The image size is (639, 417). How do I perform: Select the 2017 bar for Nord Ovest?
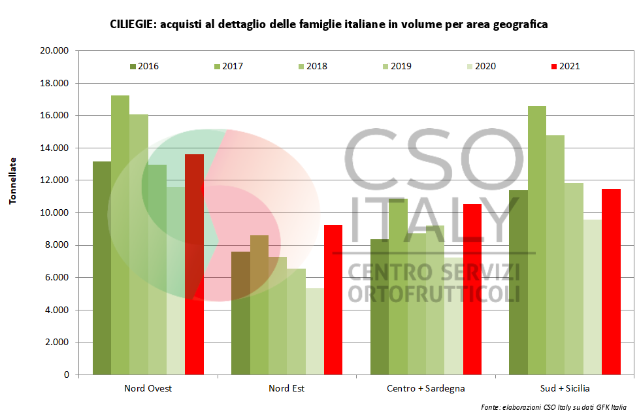pos(120,235)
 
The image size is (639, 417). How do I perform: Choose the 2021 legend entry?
pos(565,66)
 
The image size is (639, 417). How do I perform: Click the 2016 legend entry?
pos(144,66)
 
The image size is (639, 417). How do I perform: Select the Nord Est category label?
pos(286,388)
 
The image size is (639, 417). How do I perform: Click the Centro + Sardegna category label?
pos(425,388)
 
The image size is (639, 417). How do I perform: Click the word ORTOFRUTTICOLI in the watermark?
pos(434,292)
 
